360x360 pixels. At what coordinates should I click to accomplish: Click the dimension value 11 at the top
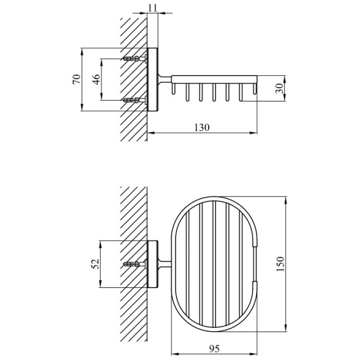pyautogui.click(x=153, y=8)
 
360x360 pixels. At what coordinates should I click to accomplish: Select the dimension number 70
pyautogui.click(x=77, y=79)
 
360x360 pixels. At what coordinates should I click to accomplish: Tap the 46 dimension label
pyautogui.click(x=96, y=79)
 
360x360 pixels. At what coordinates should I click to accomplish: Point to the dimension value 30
pyautogui.click(x=279, y=88)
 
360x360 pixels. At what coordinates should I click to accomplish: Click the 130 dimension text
pyautogui.click(x=202, y=128)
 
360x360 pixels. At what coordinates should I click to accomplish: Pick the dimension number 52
pyautogui.click(x=95, y=264)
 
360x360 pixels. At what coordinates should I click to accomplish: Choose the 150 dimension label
pyautogui.click(x=280, y=264)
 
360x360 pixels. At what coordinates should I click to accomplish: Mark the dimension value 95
pyautogui.click(x=215, y=348)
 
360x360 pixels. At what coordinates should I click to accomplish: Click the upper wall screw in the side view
pyautogui.click(x=135, y=58)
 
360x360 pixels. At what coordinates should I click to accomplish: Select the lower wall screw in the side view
pyautogui.click(x=135, y=100)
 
